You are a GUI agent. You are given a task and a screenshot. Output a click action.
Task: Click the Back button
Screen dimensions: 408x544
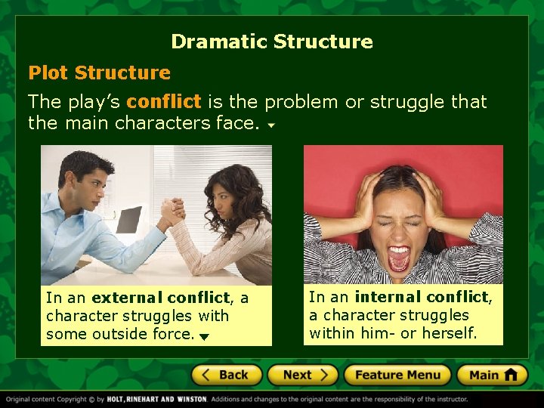(x=227, y=375)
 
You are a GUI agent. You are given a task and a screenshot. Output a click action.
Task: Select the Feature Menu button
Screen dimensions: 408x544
(x=397, y=375)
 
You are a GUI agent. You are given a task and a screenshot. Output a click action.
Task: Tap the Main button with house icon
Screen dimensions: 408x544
(x=493, y=375)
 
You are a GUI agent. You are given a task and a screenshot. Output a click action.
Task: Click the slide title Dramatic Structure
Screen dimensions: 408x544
(x=272, y=42)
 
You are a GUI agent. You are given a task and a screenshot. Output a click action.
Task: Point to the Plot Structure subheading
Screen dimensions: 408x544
(x=99, y=73)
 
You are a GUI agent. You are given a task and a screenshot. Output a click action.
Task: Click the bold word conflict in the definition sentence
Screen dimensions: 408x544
(x=164, y=101)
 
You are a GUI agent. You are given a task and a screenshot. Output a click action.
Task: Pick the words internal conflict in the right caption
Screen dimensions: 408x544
(x=422, y=297)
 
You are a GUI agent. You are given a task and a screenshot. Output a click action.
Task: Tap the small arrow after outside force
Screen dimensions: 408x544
(x=204, y=336)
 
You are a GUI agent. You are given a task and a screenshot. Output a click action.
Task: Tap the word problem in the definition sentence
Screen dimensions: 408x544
(x=302, y=101)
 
